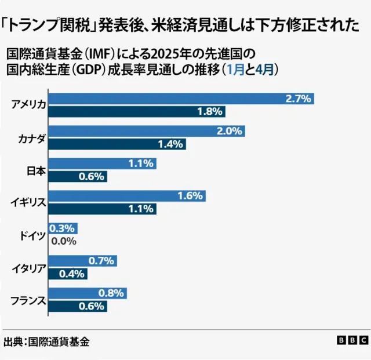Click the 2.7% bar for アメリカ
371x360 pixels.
coord(180,99)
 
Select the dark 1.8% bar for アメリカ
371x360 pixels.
coord(136,111)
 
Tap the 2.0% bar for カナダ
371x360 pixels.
coord(146,131)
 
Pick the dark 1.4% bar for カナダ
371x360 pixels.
coord(116,144)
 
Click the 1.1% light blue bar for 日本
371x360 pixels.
coord(101,163)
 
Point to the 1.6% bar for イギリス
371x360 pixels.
coord(126,196)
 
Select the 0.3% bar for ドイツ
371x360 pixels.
coord(62,228)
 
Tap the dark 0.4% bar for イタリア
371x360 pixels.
coord(67,274)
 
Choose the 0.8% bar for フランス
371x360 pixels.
coord(87,293)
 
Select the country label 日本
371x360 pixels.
coord(35,170)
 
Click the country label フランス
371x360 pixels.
coord(28,300)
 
